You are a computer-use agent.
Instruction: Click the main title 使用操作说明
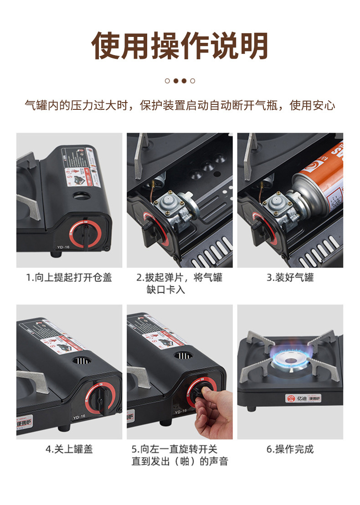pos(180,46)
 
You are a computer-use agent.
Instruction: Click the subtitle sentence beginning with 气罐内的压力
pos(180,106)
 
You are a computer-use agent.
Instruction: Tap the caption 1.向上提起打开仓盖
pos(69,277)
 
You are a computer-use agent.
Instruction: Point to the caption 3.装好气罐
pos(290,277)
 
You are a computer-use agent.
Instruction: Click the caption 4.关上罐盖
pos(69,449)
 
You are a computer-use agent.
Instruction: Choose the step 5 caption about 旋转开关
pos(180,455)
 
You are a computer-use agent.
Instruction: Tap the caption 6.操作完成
pos(290,449)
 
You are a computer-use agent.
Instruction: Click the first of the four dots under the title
pos(167,81)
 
